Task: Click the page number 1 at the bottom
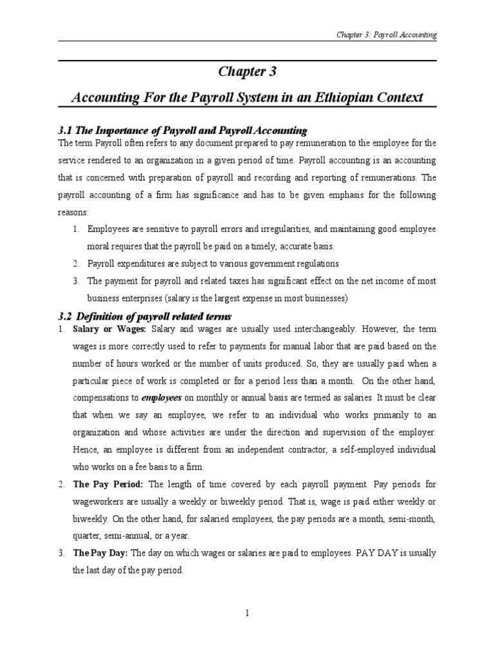(x=247, y=613)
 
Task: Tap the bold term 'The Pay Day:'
(x=98, y=553)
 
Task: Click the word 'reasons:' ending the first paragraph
(x=75, y=211)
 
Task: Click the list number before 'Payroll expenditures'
(x=75, y=264)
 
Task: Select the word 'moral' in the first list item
(x=99, y=246)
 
